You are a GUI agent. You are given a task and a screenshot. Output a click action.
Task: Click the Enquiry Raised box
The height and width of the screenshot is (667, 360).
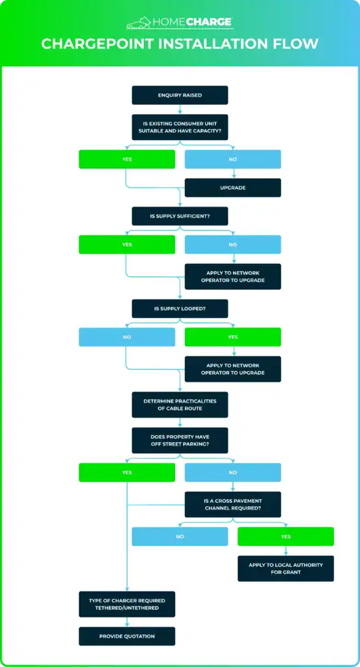(180, 95)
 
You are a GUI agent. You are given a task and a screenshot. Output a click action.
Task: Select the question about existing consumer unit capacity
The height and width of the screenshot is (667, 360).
(180, 127)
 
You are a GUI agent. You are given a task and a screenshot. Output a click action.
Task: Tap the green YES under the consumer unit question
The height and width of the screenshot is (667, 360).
(127, 159)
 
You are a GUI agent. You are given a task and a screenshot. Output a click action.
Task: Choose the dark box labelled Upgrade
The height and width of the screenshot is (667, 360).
(233, 188)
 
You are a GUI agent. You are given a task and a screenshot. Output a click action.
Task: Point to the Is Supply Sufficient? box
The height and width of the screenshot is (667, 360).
(180, 216)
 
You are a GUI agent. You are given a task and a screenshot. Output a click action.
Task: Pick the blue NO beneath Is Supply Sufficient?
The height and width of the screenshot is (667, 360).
(233, 245)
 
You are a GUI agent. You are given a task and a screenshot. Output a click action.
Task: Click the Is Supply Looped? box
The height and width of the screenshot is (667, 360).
(180, 308)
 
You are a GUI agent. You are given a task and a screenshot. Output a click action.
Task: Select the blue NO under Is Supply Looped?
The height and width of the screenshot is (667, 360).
(127, 337)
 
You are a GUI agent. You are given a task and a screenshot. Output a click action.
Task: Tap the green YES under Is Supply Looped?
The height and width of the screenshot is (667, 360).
(233, 337)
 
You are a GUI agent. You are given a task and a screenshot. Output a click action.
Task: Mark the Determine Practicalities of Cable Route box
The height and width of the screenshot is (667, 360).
(180, 404)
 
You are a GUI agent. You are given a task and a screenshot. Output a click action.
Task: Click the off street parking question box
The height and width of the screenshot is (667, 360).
(180, 440)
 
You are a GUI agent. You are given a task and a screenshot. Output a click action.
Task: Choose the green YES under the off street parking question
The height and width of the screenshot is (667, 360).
(127, 472)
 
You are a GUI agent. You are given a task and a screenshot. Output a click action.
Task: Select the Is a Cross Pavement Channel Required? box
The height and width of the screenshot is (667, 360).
(233, 505)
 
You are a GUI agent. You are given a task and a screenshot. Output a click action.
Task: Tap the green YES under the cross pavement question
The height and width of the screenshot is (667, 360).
(286, 537)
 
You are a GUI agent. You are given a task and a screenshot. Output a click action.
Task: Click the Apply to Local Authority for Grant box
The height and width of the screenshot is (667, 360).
(286, 568)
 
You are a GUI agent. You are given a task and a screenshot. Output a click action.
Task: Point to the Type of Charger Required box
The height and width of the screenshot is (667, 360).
(127, 604)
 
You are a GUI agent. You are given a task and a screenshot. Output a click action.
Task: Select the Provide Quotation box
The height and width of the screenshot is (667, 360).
(127, 636)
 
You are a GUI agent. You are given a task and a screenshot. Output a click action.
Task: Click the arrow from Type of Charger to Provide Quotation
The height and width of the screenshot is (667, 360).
(127, 622)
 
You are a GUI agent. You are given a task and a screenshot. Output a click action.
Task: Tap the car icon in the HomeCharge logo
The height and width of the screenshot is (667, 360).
(139, 23)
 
